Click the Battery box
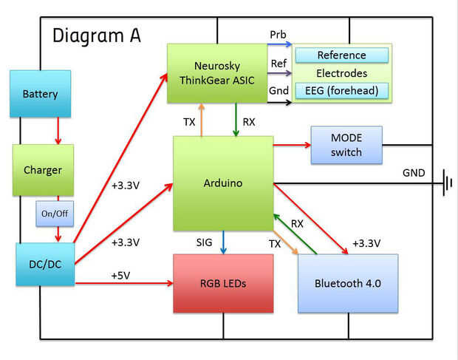pos(40,95)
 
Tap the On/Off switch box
pos(53,213)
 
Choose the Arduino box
pos(222,183)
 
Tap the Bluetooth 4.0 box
pos(347,283)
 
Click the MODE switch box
pos(346,146)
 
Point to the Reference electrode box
pos(341,55)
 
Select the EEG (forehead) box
pos(341,91)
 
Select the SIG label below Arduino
pos(205,242)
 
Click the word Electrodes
pos(341,73)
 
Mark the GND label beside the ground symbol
pos(414,172)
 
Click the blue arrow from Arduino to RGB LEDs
pos(223,242)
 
